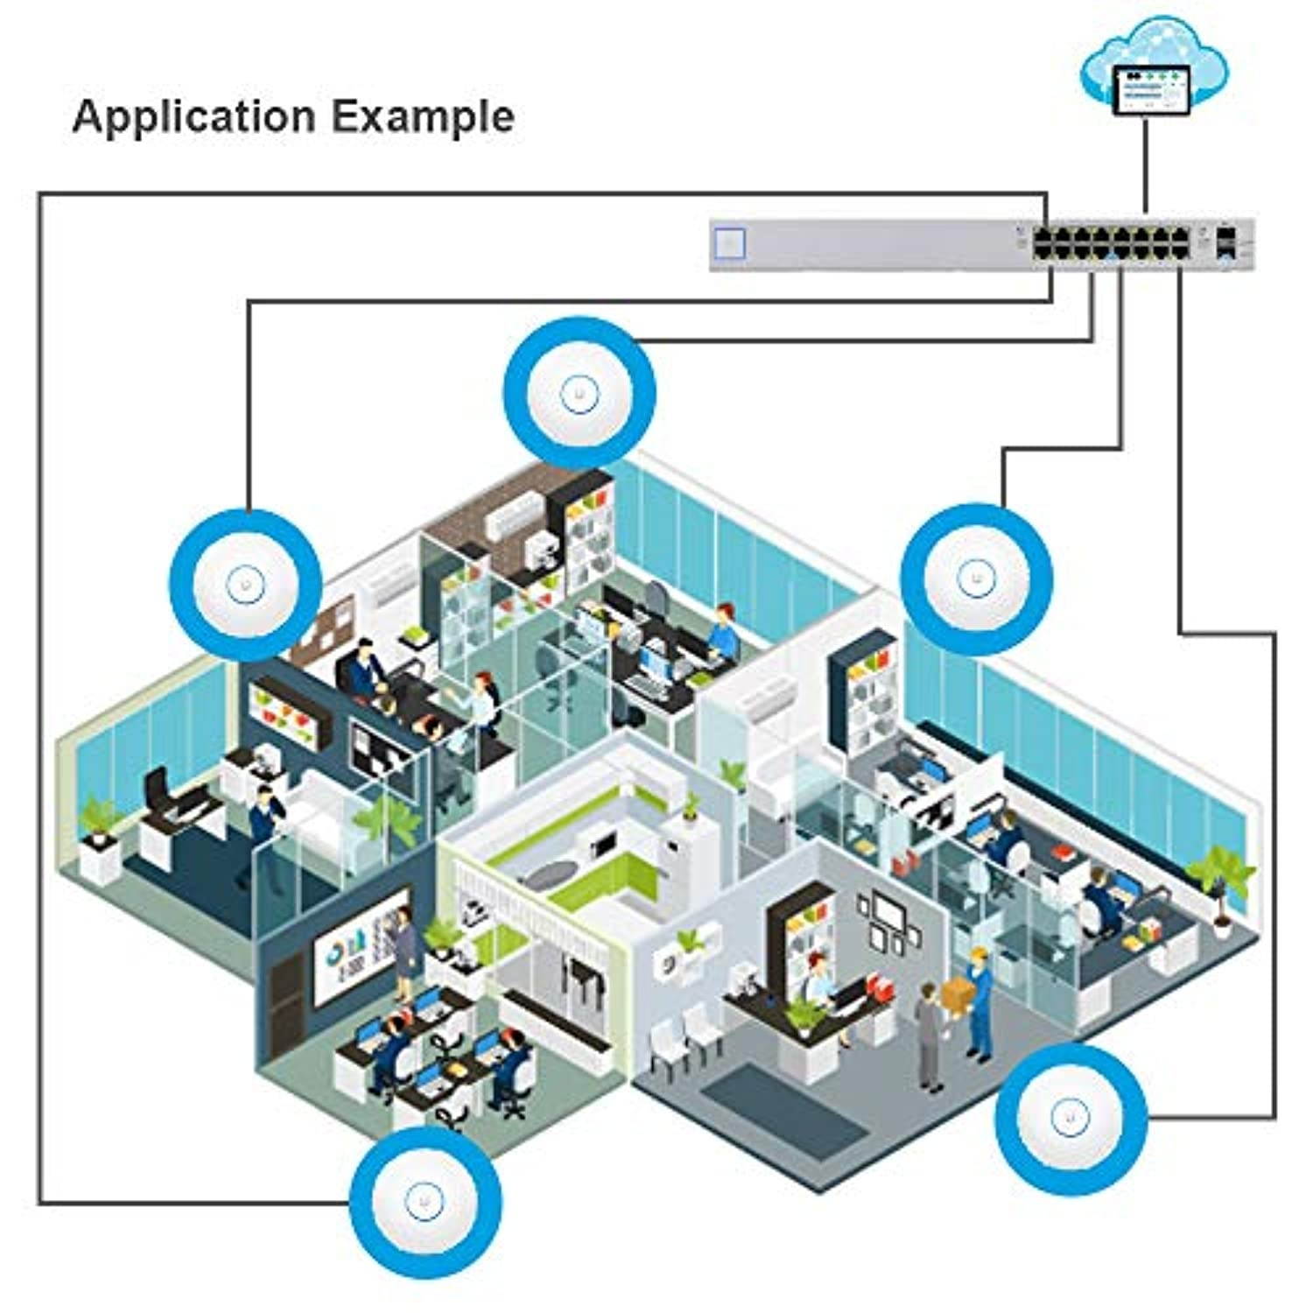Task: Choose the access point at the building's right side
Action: (x=977, y=578)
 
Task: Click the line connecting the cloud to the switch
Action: (x=1144, y=166)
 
